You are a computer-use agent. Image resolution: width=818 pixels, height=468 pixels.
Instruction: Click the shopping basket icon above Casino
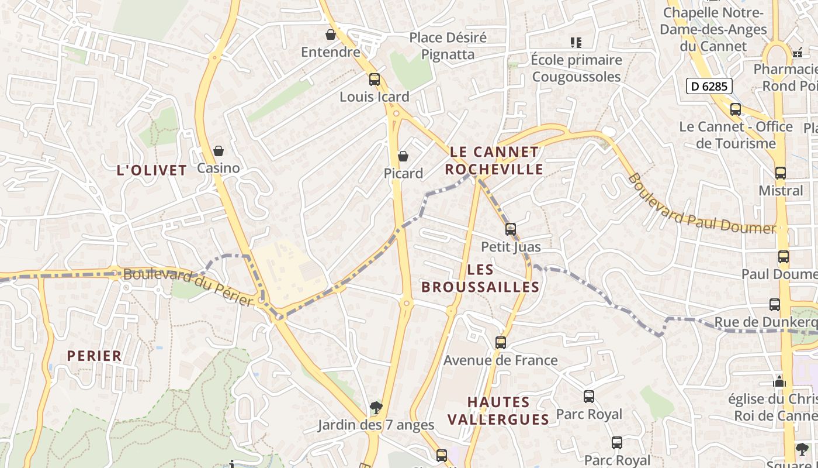click(219, 151)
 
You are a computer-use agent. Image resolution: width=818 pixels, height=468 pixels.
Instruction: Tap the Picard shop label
click(403, 173)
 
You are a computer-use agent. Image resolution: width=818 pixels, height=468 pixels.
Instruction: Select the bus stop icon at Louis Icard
click(375, 79)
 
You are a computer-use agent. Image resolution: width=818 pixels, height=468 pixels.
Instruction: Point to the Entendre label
click(331, 52)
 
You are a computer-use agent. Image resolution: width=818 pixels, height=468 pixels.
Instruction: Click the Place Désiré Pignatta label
click(448, 46)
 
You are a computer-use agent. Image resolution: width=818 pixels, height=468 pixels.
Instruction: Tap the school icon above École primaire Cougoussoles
click(576, 42)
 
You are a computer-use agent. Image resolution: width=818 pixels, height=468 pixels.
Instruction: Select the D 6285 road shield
click(709, 87)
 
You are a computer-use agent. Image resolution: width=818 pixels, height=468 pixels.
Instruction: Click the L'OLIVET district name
click(152, 170)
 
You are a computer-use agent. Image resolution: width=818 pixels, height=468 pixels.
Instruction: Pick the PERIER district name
click(94, 356)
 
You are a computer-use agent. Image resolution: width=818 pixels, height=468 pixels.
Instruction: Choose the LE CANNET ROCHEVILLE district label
click(494, 160)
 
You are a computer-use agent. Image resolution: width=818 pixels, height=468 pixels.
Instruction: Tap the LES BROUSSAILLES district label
click(480, 278)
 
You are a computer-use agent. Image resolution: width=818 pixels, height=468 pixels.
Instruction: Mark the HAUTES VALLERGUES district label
click(498, 411)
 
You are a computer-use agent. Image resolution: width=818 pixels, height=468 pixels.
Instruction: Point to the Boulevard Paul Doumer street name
click(701, 204)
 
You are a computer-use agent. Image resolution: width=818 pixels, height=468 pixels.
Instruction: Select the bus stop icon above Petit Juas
click(511, 229)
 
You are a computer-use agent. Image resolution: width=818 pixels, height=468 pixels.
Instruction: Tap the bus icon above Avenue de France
click(501, 342)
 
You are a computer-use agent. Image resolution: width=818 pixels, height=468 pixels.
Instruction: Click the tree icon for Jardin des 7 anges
click(376, 407)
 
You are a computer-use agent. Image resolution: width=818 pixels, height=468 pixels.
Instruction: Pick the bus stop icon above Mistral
click(781, 173)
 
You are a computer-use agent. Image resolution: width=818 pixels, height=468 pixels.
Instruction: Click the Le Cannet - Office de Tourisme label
click(736, 135)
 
